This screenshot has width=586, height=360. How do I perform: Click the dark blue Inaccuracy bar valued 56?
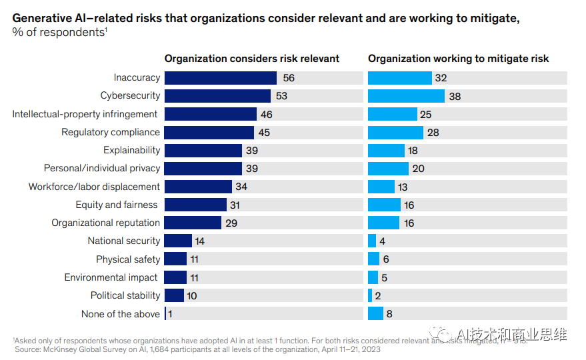point(220,78)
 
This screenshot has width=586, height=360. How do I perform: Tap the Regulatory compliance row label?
point(111,132)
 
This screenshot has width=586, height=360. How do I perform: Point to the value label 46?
point(266,115)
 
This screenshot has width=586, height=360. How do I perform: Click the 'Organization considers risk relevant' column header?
point(252,59)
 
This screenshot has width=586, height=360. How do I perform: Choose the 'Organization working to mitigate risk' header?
point(458,59)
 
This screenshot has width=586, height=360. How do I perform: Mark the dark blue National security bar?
point(177,241)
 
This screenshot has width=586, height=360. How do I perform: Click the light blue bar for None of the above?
point(375,313)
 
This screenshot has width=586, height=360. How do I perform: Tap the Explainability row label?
point(131,150)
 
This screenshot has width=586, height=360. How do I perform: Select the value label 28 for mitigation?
point(433,133)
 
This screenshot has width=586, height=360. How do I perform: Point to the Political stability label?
point(125,295)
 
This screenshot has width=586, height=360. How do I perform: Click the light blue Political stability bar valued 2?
point(370,295)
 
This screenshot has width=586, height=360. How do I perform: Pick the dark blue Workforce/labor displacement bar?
point(197,187)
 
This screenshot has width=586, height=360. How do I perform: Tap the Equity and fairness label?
point(117,205)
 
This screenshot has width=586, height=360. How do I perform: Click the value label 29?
point(231,223)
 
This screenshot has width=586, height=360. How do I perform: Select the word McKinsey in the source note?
point(65,349)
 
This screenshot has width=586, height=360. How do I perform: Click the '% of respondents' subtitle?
point(59,32)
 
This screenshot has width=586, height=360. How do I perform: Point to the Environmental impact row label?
point(111,277)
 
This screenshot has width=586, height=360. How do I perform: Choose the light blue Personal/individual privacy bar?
point(388,169)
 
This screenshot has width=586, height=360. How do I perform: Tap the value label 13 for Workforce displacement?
point(402,187)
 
